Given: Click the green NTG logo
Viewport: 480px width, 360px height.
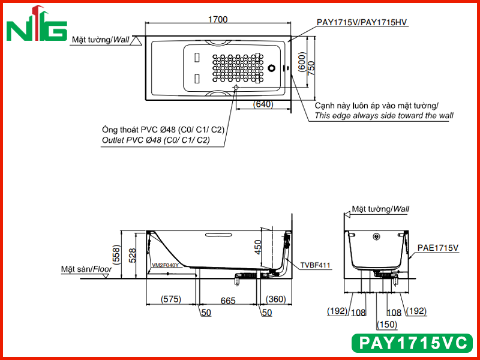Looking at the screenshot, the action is pos(37,24).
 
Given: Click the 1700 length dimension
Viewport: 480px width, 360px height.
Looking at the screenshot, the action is pos(218,20).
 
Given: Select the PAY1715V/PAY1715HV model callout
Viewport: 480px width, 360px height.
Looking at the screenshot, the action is pos(362,22).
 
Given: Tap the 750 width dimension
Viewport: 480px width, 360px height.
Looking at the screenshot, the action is pos(311,68).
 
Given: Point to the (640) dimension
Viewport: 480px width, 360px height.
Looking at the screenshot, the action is pos(263,104).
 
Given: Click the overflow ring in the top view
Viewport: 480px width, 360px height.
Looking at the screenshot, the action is pos(272,68).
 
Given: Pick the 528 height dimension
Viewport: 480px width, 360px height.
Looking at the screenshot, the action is pos(133,256).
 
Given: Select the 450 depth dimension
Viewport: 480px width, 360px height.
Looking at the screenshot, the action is pos(258,247).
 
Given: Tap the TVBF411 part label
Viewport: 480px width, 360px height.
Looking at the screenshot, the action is pos(316,265).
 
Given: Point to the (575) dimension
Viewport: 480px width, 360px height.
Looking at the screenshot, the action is pos(171,299).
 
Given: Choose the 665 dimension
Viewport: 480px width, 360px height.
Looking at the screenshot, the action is pos(228,301).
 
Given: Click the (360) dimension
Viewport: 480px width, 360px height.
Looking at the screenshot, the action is pos(276,299).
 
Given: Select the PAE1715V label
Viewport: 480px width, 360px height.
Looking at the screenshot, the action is pos(438,248).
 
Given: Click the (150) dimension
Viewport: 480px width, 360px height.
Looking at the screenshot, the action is pos(387,324).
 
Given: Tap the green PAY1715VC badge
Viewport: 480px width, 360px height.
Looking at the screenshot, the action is pos(412,343).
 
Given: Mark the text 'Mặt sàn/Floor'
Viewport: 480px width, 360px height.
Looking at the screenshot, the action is pos(86,269).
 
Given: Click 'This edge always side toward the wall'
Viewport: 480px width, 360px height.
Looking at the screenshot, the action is pos(384,116).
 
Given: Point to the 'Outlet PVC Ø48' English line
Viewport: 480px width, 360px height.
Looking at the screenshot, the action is pos(156,140).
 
